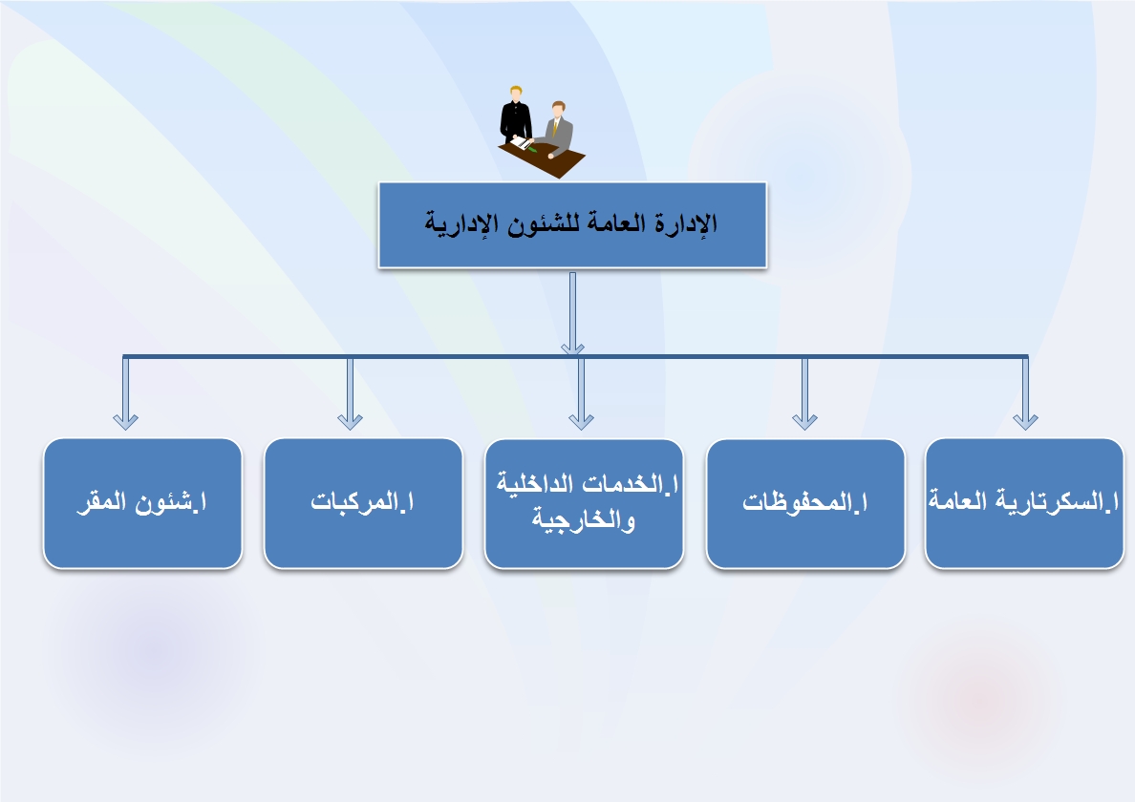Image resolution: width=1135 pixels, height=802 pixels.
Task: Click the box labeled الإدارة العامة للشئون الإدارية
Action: coord(572,225)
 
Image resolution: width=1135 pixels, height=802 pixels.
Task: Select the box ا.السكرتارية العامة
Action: coord(1024,503)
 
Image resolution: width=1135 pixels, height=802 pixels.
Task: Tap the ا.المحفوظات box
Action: coord(805,504)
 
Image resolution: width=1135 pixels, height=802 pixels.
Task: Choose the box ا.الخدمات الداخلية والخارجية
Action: coord(584,504)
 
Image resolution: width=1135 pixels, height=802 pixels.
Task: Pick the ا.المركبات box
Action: coord(363,503)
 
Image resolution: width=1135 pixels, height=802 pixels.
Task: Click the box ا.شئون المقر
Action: coord(142,503)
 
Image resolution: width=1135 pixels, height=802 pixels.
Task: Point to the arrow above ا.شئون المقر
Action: coord(126,393)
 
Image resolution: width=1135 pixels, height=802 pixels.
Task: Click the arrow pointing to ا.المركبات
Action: coord(350,393)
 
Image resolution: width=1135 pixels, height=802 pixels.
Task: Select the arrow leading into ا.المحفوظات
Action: coord(805,393)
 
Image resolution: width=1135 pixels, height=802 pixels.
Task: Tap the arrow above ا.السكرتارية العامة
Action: coord(1026,393)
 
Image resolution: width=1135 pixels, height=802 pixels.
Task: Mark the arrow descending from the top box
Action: coord(572,313)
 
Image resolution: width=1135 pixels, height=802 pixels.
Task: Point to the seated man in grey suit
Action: coord(558,129)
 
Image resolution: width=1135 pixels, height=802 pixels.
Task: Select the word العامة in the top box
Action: coord(610,222)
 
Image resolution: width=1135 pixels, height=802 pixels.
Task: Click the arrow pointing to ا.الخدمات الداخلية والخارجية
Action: coord(581,393)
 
